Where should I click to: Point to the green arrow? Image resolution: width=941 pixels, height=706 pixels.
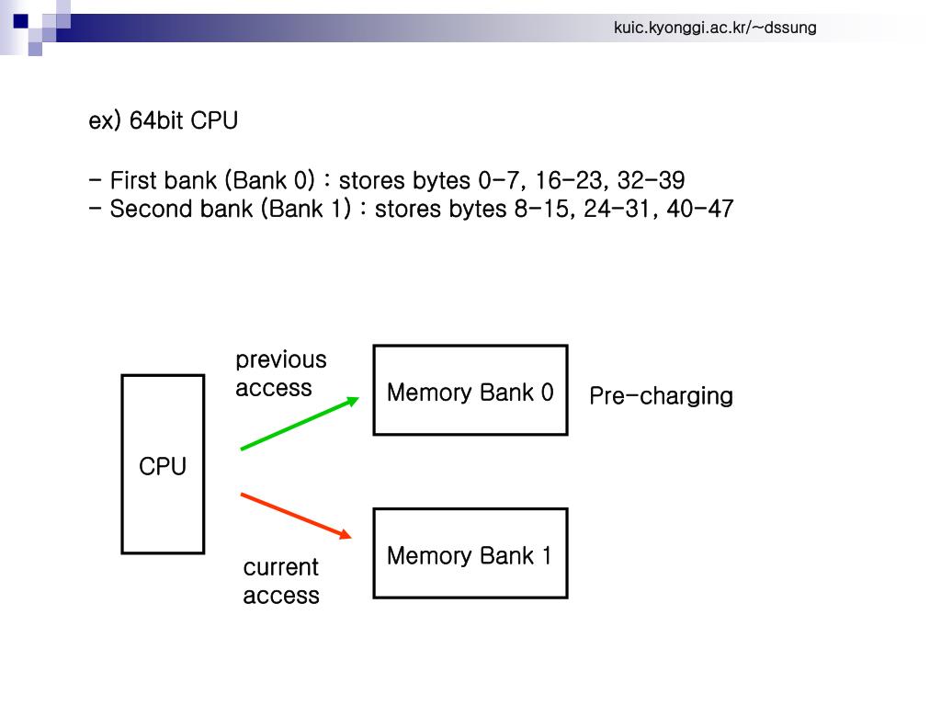(x=300, y=423)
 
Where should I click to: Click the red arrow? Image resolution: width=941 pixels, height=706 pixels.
(x=296, y=516)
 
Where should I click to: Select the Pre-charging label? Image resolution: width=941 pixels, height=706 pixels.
(x=661, y=396)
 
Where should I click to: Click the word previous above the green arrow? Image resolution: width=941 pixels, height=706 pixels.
(x=281, y=360)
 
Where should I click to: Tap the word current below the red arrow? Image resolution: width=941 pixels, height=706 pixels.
(x=281, y=567)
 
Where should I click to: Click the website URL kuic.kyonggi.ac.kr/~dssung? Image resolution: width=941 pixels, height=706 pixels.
(x=715, y=28)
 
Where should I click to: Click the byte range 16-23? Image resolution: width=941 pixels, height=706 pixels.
(x=568, y=180)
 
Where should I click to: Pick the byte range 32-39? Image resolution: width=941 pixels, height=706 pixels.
(x=652, y=180)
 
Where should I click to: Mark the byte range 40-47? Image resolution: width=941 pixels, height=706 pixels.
(x=699, y=209)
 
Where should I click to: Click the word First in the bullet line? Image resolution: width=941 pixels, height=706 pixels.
(x=133, y=180)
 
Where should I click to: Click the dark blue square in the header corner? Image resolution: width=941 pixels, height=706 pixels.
(x=20, y=21)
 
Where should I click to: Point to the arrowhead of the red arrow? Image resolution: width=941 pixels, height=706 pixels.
(x=346, y=533)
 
